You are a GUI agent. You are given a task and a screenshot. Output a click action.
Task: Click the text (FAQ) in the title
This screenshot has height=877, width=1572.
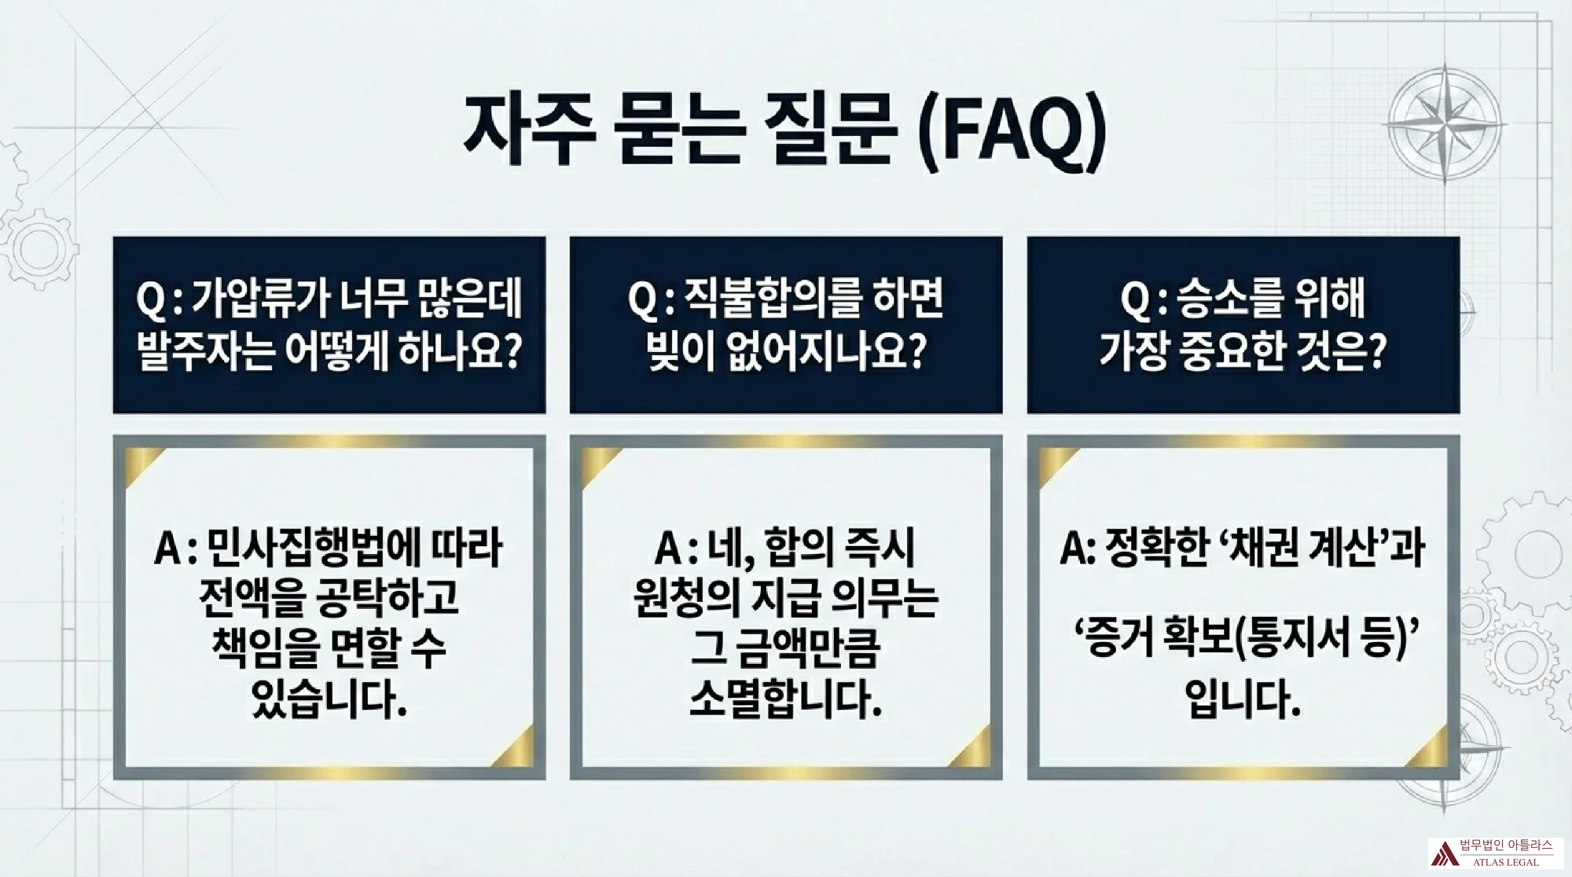(x=1013, y=132)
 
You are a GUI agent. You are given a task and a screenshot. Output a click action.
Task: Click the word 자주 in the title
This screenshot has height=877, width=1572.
(x=531, y=130)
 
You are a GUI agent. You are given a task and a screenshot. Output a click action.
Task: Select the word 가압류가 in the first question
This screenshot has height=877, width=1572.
(x=259, y=299)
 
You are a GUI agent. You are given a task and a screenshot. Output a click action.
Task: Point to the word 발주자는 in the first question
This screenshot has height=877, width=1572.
(x=205, y=350)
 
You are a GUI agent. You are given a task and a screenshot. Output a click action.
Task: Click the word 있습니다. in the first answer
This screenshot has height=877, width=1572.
(x=329, y=699)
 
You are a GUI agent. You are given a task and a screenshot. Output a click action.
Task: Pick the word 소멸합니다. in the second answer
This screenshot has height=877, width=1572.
(x=785, y=699)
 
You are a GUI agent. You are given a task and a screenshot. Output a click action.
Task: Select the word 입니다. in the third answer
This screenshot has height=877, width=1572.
(x=1243, y=699)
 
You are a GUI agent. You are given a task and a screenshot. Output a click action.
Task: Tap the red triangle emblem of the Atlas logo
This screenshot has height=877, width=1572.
(x=1445, y=853)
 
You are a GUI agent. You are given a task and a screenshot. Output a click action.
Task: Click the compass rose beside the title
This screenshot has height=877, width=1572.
(x=1445, y=124)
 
